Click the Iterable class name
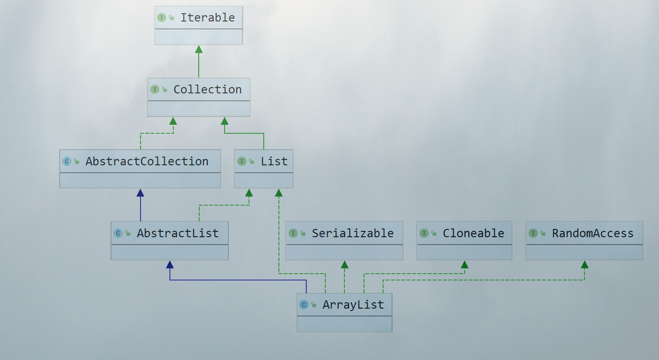click(x=207, y=18)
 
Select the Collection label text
click(x=207, y=90)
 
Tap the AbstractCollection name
click(x=147, y=161)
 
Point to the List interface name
click(x=274, y=161)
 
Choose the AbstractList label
click(x=177, y=233)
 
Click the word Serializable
click(x=352, y=233)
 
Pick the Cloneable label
click(x=473, y=233)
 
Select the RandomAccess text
click(x=593, y=233)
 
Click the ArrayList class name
click(x=353, y=305)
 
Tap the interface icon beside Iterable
click(x=161, y=18)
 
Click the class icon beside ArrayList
click(x=304, y=305)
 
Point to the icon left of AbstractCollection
click(x=67, y=161)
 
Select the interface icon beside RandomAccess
click(x=533, y=233)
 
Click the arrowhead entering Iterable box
click(x=198, y=49)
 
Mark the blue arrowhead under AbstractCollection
click(x=140, y=193)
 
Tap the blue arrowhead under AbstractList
click(x=170, y=265)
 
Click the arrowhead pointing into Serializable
click(x=345, y=265)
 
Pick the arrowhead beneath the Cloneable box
click(x=464, y=265)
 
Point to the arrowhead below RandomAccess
click(x=584, y=265)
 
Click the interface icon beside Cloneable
click(x=424, y=233)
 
